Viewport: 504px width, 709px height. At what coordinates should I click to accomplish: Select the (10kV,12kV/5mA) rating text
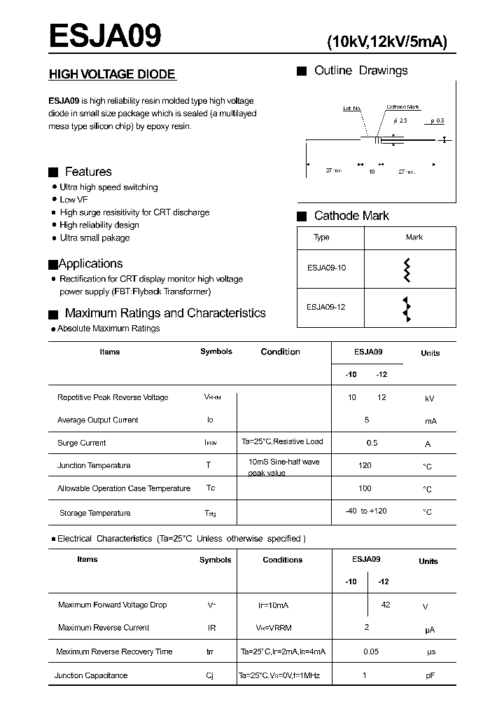click(387, 41)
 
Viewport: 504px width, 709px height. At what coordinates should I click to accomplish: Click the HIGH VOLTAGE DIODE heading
click(111, 74)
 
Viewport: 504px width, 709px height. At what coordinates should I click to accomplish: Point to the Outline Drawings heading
click(360, 71)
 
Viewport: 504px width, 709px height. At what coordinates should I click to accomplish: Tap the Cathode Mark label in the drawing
click(402, 107)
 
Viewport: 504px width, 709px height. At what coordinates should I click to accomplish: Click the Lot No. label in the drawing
click(351, 109)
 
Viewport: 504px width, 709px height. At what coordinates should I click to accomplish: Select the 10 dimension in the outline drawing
click(372, 171)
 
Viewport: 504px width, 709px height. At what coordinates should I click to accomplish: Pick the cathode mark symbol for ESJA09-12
click(406, 308)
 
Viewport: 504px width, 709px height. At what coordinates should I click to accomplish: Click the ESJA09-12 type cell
click(326, 307)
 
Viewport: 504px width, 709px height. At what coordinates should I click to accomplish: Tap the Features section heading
click(87, 172)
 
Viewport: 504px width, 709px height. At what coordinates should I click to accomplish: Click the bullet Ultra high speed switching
click(108, 187)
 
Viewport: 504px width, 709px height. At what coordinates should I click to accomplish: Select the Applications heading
click(90, 263)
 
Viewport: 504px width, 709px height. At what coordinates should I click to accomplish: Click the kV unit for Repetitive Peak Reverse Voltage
click(430, 399)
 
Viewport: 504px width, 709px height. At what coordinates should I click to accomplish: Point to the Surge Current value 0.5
click(372, 443)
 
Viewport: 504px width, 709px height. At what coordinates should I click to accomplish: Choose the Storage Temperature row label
click(95, 513)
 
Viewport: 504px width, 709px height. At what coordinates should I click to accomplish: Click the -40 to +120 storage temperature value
click(365, 511)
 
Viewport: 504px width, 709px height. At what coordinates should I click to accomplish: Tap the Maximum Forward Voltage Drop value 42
click(386, 605)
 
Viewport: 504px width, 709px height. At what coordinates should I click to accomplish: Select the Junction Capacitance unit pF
click(430, 676)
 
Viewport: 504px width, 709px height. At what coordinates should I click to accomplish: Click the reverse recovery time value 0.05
click(371, 652)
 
